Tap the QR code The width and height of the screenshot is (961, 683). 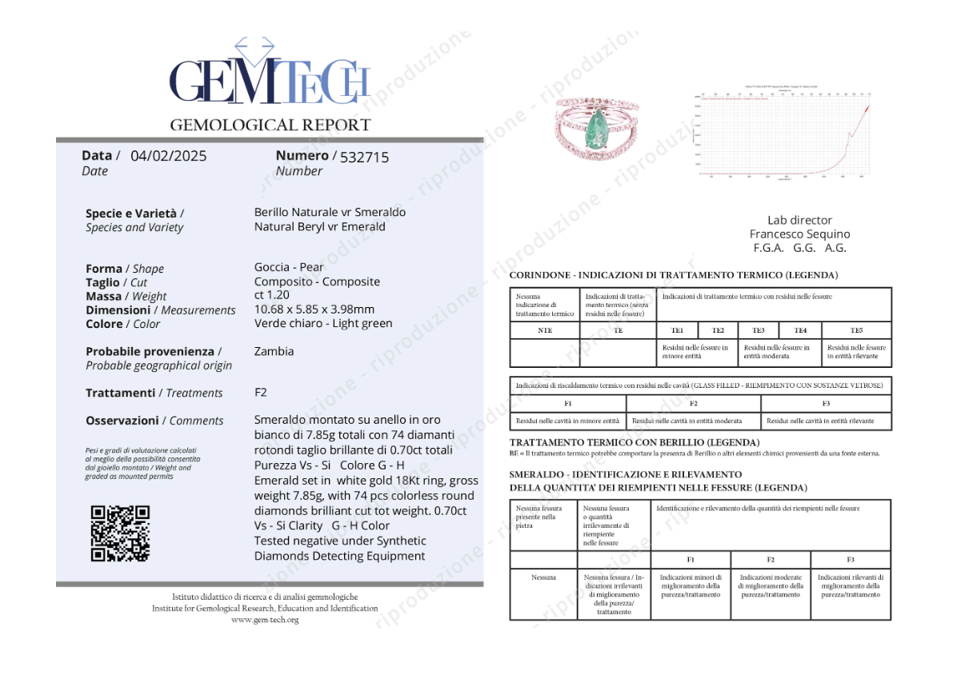click(x=120, y=533)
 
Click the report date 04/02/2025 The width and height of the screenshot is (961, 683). click(x=168, y=156)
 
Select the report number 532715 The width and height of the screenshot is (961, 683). click(x=364, y=158)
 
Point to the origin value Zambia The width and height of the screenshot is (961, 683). click(x=274, y=351)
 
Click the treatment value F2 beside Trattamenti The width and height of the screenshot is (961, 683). click(x=261, y=392)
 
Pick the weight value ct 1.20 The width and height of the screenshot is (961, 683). click(x=272, y=295)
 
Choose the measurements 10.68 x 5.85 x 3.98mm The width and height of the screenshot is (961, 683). click(x=314, y=309)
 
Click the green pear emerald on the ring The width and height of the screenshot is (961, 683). click(x=595, y=126)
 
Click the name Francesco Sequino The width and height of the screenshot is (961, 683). click(x=799, y=234)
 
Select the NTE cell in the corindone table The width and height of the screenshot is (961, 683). click(x=545, y=330)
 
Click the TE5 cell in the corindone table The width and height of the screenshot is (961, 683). click(x=856, y=330)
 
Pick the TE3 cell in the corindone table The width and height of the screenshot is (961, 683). click(x=759, y=330)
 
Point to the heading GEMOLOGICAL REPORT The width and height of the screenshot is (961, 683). click(x=270, y=125)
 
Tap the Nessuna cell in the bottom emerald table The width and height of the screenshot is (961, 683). click(x=543, y=577)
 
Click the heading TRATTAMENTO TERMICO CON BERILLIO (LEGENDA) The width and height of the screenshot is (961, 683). click(x=635, y=442)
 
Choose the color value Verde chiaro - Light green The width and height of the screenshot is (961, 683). click(x=323, y=323)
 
